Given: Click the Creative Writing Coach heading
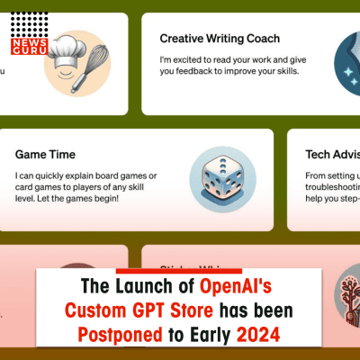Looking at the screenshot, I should pos(220,39).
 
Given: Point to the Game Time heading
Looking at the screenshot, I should pos(45,154).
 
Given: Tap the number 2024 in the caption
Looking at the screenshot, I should pos(259,336).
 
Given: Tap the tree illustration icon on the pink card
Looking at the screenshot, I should pos(341,292).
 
